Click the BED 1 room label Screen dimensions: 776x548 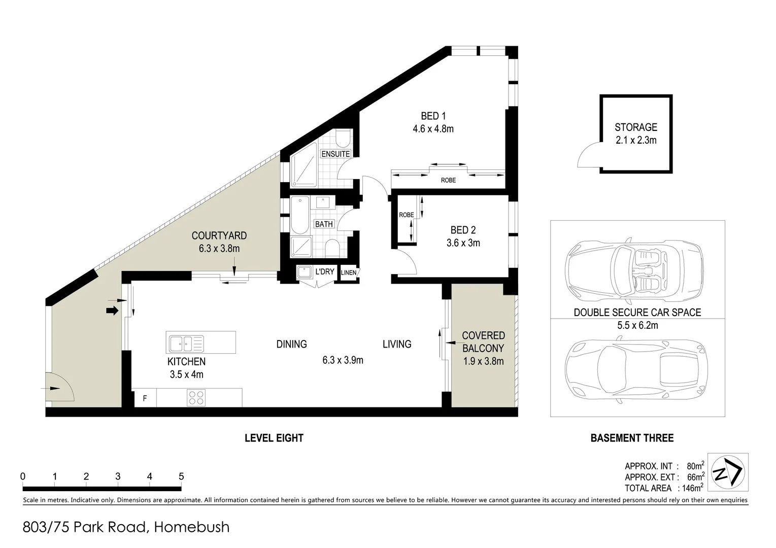[x=433, y=116]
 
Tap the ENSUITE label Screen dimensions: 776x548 [x=335, y=154]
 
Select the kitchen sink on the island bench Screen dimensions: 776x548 [x=186, y=344]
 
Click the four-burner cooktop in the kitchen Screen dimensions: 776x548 [x=196, y=398]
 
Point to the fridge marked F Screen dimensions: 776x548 [x=145, y=398]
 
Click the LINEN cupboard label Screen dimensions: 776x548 [x=349, y=272]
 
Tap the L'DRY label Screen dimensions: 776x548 [x=325, y=271]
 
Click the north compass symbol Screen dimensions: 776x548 [x=727, y=472]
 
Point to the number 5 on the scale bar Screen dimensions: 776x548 [x=181, y=476]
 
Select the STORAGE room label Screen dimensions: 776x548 [x=636, y=127]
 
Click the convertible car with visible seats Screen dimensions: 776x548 [x=634, y=270]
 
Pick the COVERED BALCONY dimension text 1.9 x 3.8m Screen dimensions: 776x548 [x=483, y=361]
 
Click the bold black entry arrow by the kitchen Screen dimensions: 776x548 [x=112, y=311]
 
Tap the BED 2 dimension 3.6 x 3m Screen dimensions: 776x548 [x=463, y=243]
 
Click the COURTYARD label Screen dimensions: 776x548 [x=219, y=235]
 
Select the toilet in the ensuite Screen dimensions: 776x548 [x=344, y=139]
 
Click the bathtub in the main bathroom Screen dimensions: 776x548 [x=299, y=215]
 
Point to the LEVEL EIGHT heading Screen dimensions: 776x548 [x=274, y=438]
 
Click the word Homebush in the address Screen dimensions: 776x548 [x=191, y=527]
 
